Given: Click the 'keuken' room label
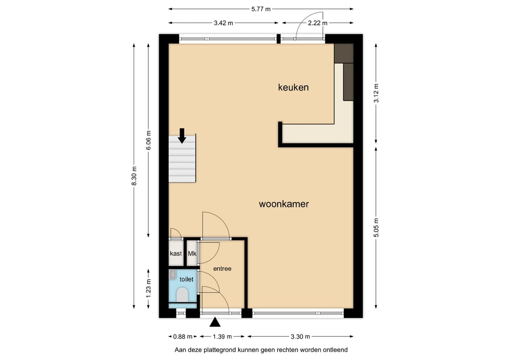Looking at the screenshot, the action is point(293,87).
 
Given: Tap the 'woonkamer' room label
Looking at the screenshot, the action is point(284,204).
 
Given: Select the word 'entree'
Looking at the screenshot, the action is point(222,268).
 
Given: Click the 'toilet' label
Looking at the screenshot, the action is point(187,279).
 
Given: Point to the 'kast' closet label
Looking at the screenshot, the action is point(176,253).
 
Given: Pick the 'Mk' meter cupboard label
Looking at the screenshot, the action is point(192,253).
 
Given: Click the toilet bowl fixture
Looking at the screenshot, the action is point(182,295).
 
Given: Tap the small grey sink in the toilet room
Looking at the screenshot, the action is point(173,275).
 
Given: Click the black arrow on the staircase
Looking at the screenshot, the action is point(182,136).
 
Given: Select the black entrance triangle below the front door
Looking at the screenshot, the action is point(215,322).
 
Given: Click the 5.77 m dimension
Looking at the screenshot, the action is point(261,9).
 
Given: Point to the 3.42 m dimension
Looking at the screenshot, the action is point(223,23).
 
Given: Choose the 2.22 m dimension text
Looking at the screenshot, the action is point(318,23).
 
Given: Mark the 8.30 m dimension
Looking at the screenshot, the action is point(134,176).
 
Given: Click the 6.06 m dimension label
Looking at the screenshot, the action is point(149,140).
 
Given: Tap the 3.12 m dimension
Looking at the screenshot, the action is point(376,93).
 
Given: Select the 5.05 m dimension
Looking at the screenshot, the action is point(376,227).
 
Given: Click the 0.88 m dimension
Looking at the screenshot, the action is point(183,336).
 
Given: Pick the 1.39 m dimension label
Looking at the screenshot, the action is point(222,336).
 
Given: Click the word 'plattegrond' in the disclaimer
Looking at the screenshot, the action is point(220,350).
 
